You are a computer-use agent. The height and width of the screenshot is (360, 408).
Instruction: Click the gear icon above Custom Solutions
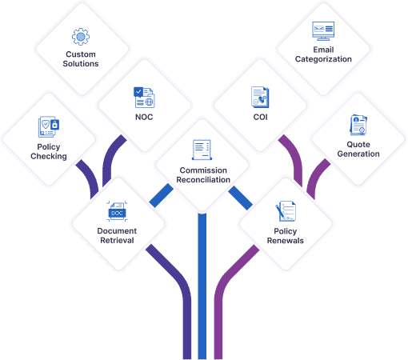point(81,37)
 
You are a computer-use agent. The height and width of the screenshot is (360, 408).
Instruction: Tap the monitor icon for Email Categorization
point(323,31)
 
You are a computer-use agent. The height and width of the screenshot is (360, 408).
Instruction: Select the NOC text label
point(144,117)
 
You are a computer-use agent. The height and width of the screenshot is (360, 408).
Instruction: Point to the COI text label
point(260,117)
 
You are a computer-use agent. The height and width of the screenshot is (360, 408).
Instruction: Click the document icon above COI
point(260,97)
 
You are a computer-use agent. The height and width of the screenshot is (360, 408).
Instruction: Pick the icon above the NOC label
point(144,98)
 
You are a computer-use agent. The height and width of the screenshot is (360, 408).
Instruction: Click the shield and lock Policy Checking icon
point(49,126)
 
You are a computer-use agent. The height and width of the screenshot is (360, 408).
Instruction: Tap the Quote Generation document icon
point(358,125)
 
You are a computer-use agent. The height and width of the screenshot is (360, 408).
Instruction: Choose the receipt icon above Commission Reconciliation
point(202,150)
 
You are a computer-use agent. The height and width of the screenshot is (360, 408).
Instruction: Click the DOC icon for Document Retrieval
point(117,211)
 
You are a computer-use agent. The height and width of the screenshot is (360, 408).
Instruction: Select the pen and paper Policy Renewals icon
point(286,211)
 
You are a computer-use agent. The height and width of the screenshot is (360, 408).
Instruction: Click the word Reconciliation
point(203,180)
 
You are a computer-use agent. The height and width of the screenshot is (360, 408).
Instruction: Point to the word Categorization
point(323,59)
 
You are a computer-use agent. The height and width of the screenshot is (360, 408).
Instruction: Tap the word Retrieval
point(117,240)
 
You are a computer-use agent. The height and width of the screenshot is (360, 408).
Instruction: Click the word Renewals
point(286,241)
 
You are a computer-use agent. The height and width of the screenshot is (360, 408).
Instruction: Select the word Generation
point(358,154)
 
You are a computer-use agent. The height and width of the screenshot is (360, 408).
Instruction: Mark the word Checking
point(49,156)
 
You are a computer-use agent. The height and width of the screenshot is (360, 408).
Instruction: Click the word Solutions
point(81,64)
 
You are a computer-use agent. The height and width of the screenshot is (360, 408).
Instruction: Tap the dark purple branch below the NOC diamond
point(110,158)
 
